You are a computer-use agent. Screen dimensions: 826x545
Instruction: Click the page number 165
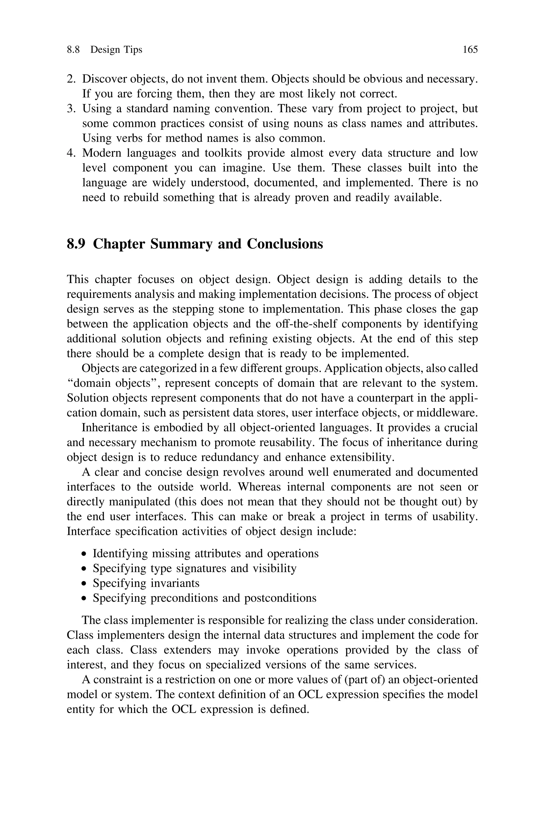(x=470, y=50)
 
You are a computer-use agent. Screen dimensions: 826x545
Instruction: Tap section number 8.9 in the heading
(x=76, y=244)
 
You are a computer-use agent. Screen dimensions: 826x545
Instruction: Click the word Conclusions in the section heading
(x=285, y=244)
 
